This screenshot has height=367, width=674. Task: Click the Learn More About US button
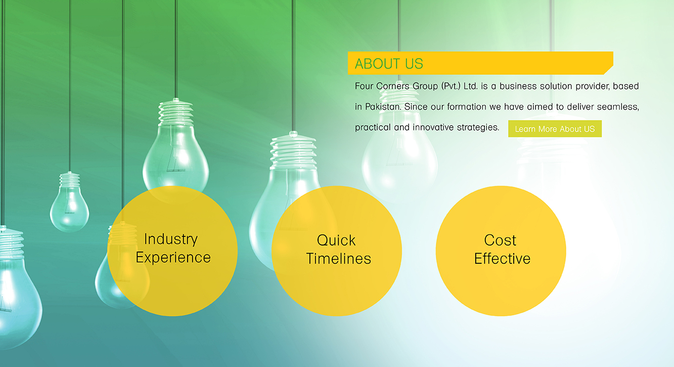[x=555, y=129]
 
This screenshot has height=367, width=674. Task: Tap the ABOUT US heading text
[x=389, y=64]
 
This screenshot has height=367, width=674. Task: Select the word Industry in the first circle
[x=170, y=239]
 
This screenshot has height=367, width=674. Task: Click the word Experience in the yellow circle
[x=173, y=258]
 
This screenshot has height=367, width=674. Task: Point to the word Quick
[x=336, y=240]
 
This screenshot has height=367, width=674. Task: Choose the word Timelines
[x=338, y=259]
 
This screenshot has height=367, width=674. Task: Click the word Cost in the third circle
[x=500, y=240]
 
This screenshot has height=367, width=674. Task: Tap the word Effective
[x=502, y=259]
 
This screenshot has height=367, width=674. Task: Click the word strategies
[x=478, y=128]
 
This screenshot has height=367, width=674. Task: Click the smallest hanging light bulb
[x=69, y=202]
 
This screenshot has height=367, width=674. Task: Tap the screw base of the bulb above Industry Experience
[x=176, y=112]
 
